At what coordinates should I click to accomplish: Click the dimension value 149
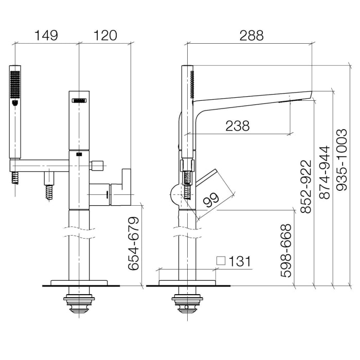coord(46,35)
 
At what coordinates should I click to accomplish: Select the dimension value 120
coord(105,35)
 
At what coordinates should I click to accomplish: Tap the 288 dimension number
coord(251,35)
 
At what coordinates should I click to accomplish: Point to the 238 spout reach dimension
coord(238,126)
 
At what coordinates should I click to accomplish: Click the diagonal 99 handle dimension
coord(212,200)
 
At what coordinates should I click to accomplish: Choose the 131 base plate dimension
coord(240,261)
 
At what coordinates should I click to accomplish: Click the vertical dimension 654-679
coord(133,243)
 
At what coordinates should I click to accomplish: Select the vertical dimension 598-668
coord(286,251)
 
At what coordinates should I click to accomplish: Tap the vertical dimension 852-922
coord(306,186)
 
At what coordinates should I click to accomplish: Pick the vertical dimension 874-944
coord(325,172)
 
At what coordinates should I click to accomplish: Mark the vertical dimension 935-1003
coord(341,160)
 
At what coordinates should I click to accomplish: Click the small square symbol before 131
coord(221,261)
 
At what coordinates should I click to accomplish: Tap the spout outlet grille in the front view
coord(79,100)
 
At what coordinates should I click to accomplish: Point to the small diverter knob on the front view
coord(97,166)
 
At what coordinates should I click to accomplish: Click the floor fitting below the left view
coord(79,303)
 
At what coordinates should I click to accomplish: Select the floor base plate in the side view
coord(187,283)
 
